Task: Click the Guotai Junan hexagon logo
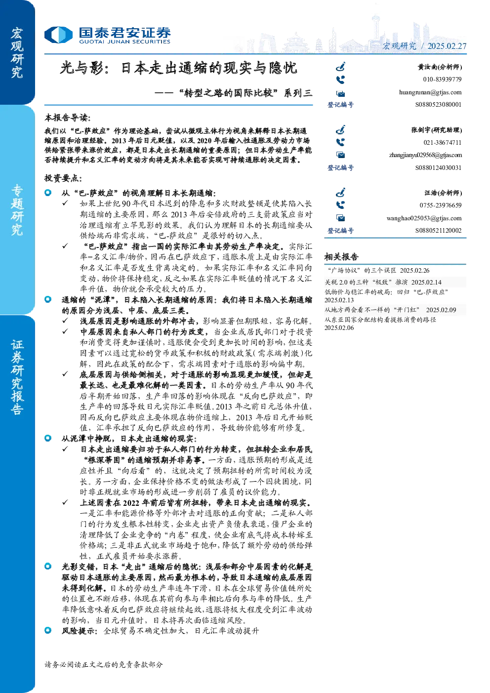point(58,35)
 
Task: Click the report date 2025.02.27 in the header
point(447,46)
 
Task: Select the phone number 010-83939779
point(442,80)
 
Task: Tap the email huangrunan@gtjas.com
point(430,92)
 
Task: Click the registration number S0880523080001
point(438,105)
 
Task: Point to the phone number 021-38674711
point(443,143)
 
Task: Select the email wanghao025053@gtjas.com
point(424,218)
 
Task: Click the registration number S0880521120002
point(438,230)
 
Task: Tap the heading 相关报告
point(341,256)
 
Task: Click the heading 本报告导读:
point(68,118)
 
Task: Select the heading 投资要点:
point(63,178)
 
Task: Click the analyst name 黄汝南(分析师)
point(440,67)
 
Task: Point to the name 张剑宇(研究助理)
point(437,130)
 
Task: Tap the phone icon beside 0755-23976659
point(340,205)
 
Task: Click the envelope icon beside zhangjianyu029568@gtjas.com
point(341,155)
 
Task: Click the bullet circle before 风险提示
point(48,630)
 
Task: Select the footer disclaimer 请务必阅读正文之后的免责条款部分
point(103,664)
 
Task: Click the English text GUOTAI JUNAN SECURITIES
point(124,41)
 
